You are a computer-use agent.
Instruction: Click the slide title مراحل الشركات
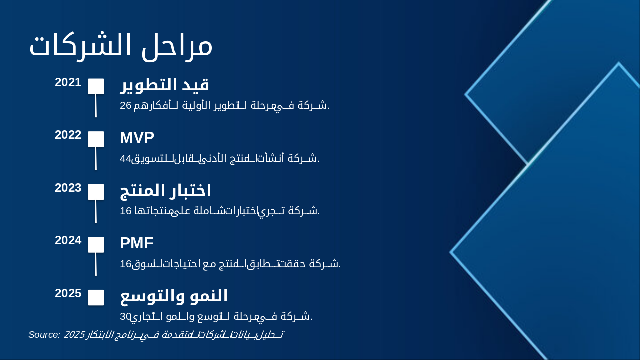click(121, 46)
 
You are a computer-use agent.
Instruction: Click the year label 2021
click(68, 82)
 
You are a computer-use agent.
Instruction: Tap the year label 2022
click(68, 135)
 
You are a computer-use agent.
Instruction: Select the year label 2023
click(68, 188)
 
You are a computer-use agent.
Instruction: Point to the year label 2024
click(68, 240)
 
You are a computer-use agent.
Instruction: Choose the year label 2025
click(68, 293)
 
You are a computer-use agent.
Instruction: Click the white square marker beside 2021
click(96, 86)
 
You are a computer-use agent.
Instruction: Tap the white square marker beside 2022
click(96, 139)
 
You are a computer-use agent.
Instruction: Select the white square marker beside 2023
click(96, 192)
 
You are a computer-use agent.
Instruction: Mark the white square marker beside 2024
click(96, 245)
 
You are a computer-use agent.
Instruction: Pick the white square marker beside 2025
click(96, 297)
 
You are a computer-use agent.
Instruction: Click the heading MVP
click(137, 137)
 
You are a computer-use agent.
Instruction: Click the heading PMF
click(136, 243)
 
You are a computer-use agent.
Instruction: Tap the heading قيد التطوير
click(164, 85)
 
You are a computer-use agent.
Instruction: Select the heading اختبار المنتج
click(165, 190)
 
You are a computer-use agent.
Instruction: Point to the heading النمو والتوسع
click(174, 296)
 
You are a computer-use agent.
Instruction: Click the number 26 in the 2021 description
click(125, 105)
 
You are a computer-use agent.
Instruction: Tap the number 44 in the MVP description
click(125, 159)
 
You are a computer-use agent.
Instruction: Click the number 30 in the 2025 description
click(125, 316)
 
